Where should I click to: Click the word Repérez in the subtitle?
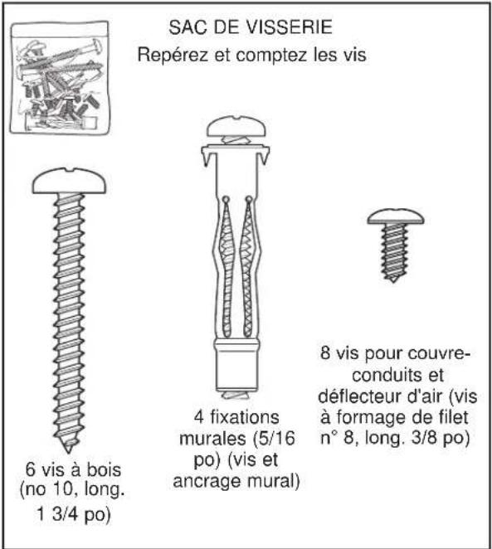168,56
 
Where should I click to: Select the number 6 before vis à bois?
32,466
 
